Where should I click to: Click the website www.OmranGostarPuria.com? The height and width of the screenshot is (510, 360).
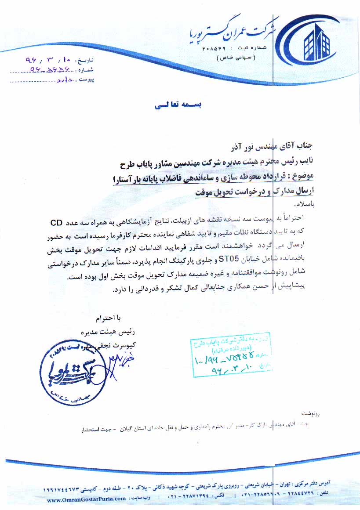click(86, 499)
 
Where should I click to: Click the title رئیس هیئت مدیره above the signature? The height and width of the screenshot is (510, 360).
click(116, 333)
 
